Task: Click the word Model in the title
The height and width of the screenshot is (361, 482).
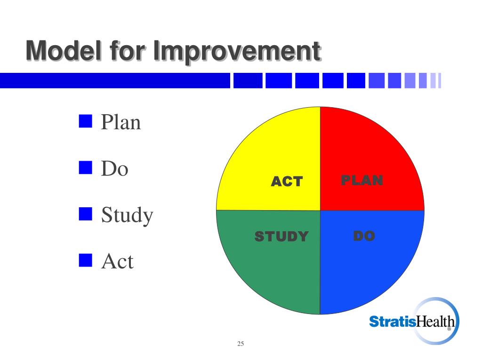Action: pos(64,51)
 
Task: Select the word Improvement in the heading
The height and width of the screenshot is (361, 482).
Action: pos(237,52)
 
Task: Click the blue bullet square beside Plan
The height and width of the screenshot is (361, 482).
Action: pos(86,121)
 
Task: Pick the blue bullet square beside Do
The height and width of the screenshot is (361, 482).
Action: pos(86,168)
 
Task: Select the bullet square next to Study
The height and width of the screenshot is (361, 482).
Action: pos(86,214)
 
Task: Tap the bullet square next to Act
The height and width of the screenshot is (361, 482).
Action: pos(86,260)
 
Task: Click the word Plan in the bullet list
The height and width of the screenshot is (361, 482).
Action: pos(121,122)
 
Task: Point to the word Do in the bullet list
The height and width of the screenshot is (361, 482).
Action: pos(115,169)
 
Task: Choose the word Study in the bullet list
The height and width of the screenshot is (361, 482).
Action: pos(127,216)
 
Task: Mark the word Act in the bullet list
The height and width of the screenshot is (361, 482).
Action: pos(117,261)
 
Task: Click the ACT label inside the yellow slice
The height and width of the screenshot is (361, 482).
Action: pos(287,181)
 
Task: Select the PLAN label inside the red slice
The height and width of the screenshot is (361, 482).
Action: pos(362,180)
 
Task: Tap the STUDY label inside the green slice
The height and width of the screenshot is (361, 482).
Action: pos(281,236)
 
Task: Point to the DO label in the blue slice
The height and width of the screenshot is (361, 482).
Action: pos(364,236)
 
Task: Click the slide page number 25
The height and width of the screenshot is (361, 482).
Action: pos(241,344)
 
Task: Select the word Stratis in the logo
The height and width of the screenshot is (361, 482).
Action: pos(393,322)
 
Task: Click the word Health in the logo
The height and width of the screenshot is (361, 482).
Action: pos(435,322)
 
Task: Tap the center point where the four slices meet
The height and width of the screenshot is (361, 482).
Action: pos(320,211)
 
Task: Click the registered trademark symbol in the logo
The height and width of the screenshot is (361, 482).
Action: pos(450,329)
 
